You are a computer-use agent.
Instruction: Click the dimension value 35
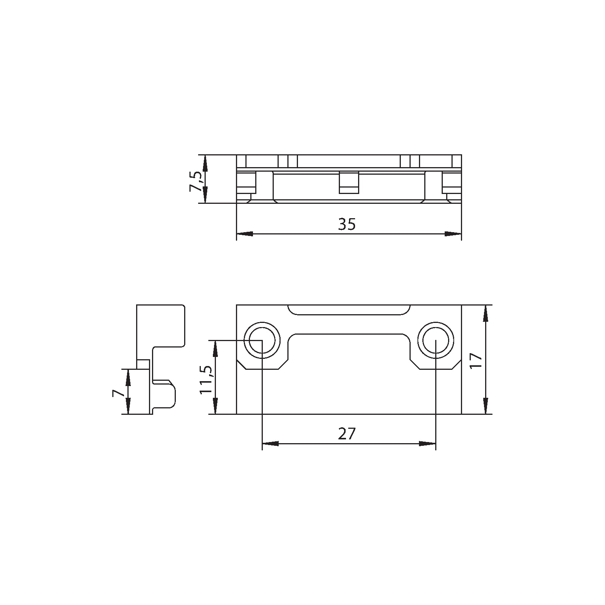point(347,225)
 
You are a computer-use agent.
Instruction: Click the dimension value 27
point(347,434)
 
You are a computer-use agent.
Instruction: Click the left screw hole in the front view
point(262,340)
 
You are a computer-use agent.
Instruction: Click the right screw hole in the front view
point(436,340)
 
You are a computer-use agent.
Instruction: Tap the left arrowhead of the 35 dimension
point(244,234)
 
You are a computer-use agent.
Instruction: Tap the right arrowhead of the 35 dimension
point(453,234)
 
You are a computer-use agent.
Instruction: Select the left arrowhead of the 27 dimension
point(270,444)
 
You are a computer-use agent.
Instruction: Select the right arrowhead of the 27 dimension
point(427,444)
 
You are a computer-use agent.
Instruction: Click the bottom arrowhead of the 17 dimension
point(486,405)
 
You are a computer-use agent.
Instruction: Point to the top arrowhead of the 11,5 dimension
point(216,349)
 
